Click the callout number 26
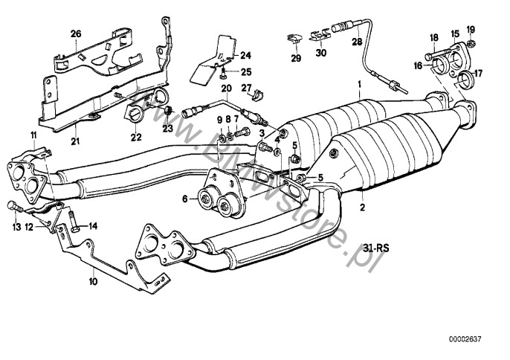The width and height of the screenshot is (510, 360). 75,34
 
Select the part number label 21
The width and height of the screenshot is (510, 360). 76,142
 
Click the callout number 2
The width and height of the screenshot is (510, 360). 361,210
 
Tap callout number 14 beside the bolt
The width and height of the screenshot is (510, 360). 93,226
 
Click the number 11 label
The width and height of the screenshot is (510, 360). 32,134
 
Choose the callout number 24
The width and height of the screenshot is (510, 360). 245,56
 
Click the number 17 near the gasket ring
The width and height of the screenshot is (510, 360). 478,74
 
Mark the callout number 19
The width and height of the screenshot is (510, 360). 470,29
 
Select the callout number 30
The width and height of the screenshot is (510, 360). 320,54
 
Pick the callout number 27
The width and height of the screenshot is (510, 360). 245,89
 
